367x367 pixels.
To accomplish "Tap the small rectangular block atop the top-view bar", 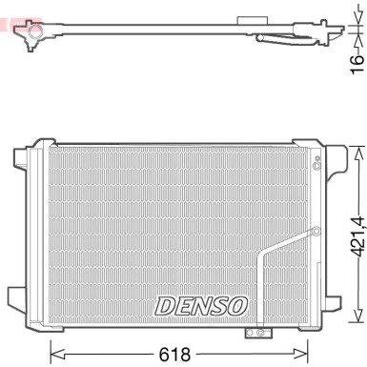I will pyautogui.click(x=254, y=20).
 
